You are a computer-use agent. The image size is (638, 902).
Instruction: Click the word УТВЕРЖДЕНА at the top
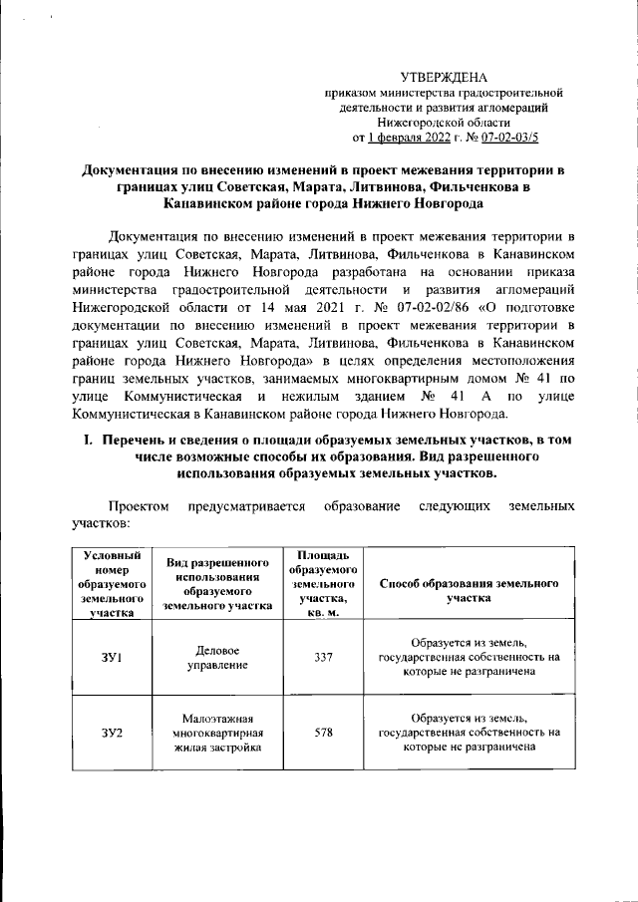point(445,77)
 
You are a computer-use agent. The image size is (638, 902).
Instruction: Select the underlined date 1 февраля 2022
point(405,137)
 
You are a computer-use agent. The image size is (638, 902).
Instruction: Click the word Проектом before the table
point(140,506)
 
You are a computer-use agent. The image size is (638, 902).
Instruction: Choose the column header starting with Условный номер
point(111,584)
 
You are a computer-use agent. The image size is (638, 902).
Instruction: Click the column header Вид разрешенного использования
point(217,584)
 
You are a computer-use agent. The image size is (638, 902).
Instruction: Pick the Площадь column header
point(316,584)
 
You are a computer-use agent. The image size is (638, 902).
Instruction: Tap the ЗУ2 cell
point(111,733)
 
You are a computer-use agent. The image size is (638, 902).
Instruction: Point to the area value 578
point(316,732)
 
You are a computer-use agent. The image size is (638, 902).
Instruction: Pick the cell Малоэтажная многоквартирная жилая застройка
point(217,733)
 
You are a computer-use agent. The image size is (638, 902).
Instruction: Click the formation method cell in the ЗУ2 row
point(469,733)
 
